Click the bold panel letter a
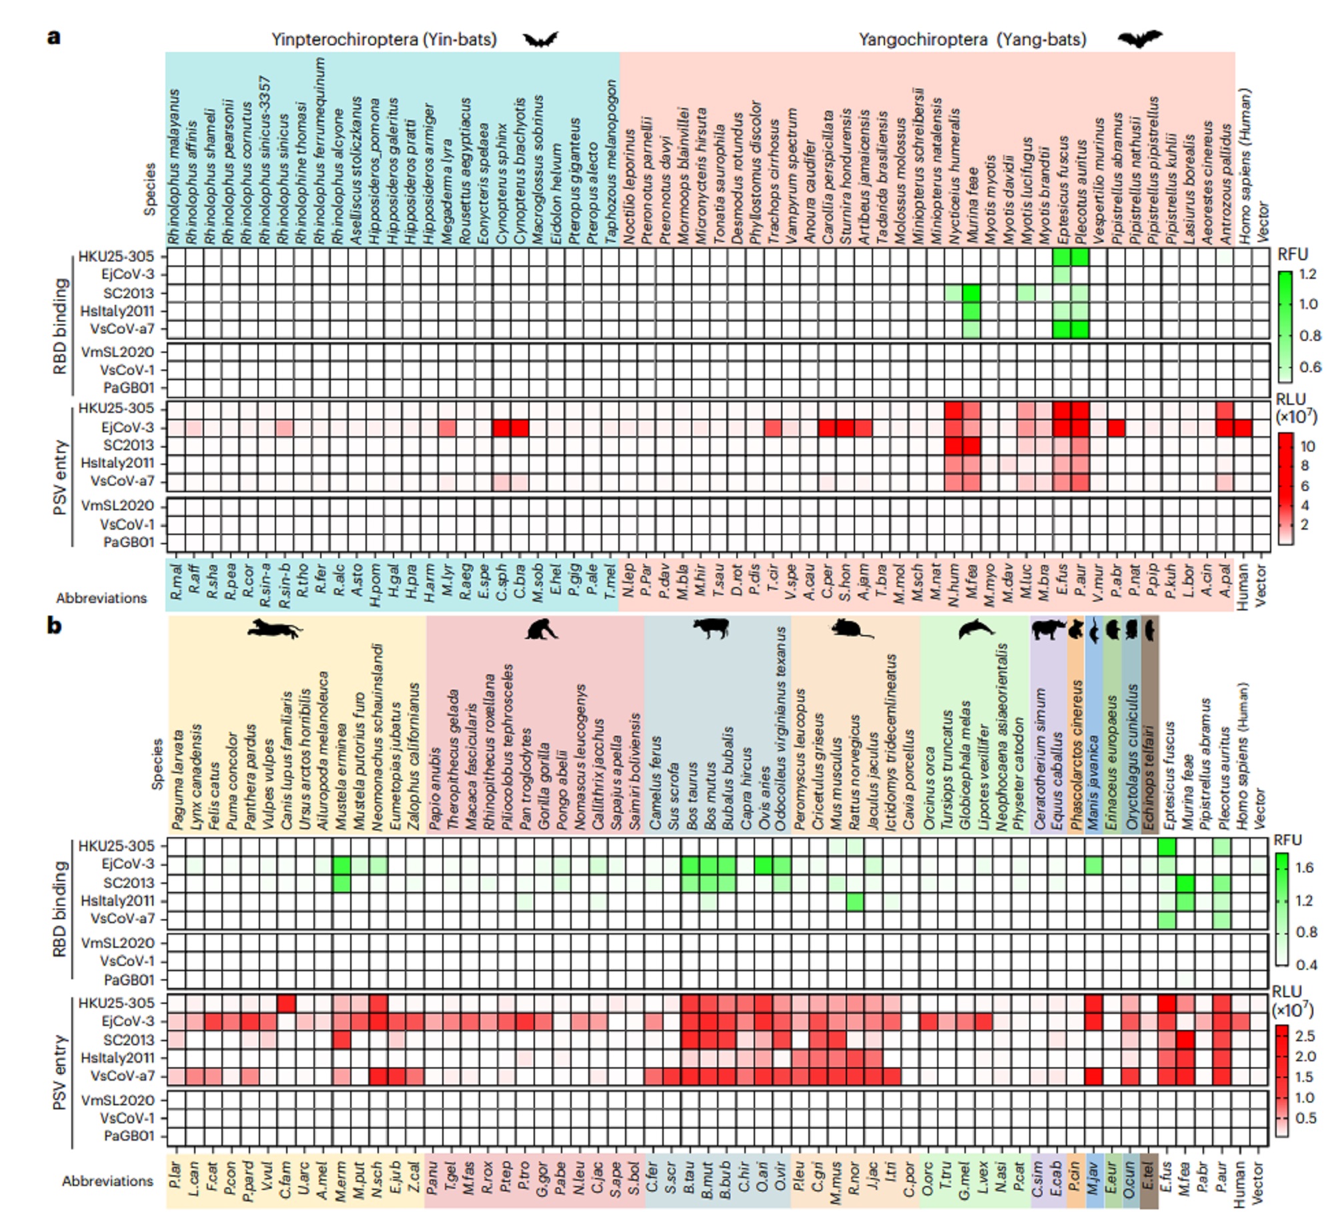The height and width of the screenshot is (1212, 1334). [54, 37]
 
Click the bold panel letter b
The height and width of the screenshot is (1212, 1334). [54, 626]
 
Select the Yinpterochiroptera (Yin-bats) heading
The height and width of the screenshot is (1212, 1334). [384, 39]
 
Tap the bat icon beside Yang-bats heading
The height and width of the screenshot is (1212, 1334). [1139, 39]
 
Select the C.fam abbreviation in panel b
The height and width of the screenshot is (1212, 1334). [285, 1182]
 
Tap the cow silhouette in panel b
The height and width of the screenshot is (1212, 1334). [710, 628]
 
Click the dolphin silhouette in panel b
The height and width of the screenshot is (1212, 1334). [975, 628]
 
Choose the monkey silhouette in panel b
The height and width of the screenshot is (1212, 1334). [542, 628]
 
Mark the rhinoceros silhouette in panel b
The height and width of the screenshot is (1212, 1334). [1048, 628]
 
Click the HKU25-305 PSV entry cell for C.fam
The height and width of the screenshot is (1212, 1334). [285, 1003]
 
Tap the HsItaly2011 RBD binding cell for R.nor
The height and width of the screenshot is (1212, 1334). [854, 901]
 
